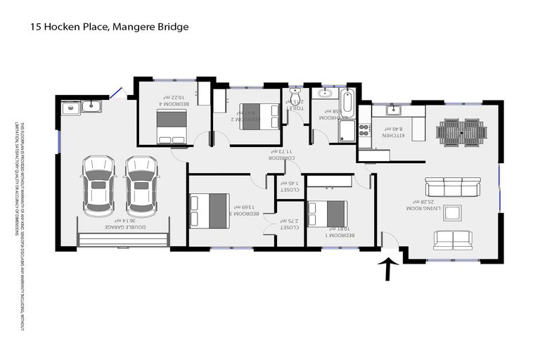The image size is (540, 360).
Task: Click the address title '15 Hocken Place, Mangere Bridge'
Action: click(x=109, y=27)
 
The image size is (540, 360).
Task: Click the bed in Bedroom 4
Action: click(x=172, y=127)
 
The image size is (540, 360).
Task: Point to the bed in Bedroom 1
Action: click(x=327, y=214)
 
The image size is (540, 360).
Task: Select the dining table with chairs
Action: click(x=461, y=131)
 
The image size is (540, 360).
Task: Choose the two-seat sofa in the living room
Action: click(x=453, y=240)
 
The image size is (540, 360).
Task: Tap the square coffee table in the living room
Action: click(x=453, y=213)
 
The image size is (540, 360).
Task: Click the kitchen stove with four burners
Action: click(x=364, y=130)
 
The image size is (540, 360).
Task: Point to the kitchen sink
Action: click(x=394, y=110)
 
